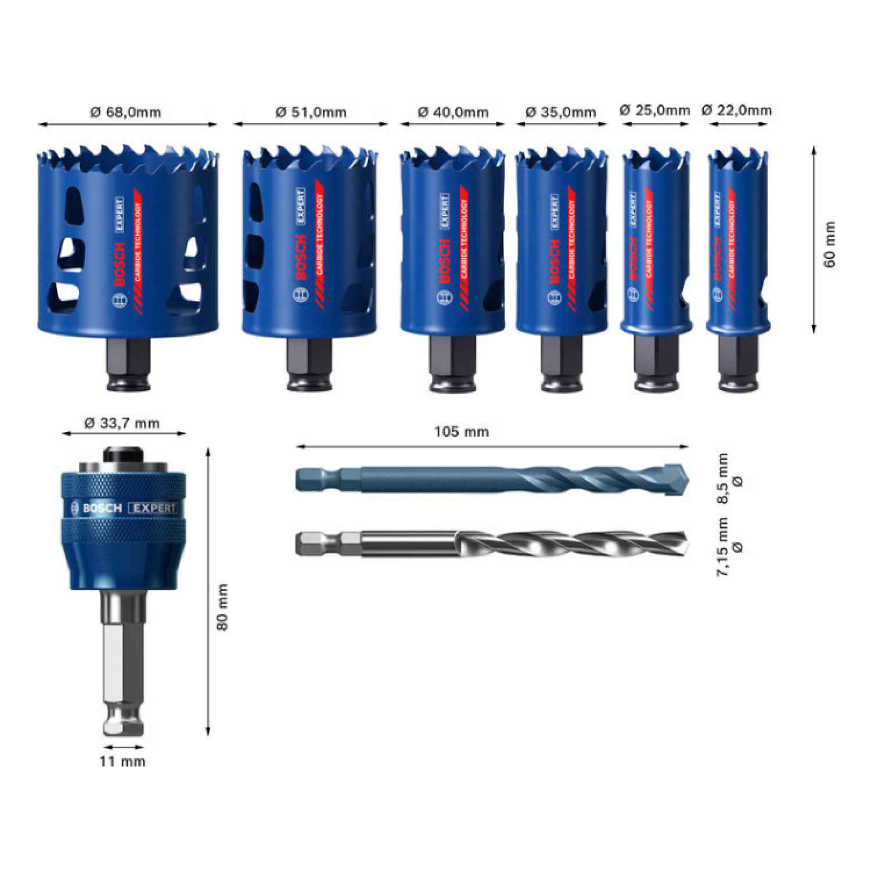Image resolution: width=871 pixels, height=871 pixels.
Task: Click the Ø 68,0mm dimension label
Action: pyautogui.click(x=125, y=111)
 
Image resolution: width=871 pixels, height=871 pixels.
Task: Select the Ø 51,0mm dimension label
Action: pyautogui.click(x=311, y=111)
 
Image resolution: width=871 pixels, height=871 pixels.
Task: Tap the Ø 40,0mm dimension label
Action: pyautogui.click(x=453, y=111)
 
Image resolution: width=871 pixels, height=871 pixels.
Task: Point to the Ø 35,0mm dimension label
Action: pyautogui.click(x=560, y=111)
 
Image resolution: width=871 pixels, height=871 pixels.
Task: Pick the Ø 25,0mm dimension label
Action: pyautogui.click(x=654, y=110)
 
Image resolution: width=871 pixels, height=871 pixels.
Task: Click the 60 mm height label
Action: pyautogui.click(x=829, y=244)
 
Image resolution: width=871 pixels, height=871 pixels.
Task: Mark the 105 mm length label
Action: pyautogui.click(x=461, y=431)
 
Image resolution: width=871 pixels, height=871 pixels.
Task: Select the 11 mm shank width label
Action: pyautogui.click(x=122, y=761)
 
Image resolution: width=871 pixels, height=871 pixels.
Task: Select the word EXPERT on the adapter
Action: pyautogui.click(x=152, y=508)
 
